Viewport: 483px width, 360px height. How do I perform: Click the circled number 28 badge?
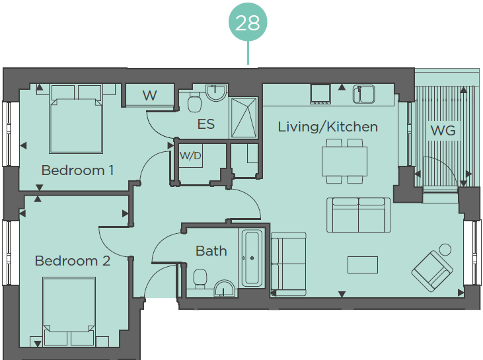pos(248,22)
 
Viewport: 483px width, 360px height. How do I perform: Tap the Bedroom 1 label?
pos(77,170)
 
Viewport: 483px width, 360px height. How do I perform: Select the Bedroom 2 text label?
pos(73,261)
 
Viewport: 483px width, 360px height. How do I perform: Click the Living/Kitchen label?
pos(328,127)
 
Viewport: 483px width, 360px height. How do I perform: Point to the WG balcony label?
pos(443,131)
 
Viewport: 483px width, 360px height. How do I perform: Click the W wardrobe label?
pos(150,96)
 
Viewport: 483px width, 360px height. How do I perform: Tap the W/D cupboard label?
pos(190,155)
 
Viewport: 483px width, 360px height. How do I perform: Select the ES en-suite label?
pos(205,124)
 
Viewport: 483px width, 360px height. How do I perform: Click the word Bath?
pos(211,251)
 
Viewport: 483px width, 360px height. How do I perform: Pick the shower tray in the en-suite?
pos(244,118)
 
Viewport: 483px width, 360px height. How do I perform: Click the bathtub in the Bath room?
pos(252,258)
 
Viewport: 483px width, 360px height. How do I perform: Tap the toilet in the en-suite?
pos(195,102)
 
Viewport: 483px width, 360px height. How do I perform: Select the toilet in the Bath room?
pos(200,278)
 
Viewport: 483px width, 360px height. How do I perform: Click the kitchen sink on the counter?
pos(364,94)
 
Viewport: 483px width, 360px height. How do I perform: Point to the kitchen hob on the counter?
pos(320,94)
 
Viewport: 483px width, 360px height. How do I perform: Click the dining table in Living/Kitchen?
pos(344,161)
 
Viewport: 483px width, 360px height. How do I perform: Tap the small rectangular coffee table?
pos(363,265)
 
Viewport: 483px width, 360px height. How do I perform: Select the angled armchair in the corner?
pos(432,271)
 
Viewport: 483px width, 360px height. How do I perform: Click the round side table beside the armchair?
pos(445,250)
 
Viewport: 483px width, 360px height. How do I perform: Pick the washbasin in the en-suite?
pos(216,92)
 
